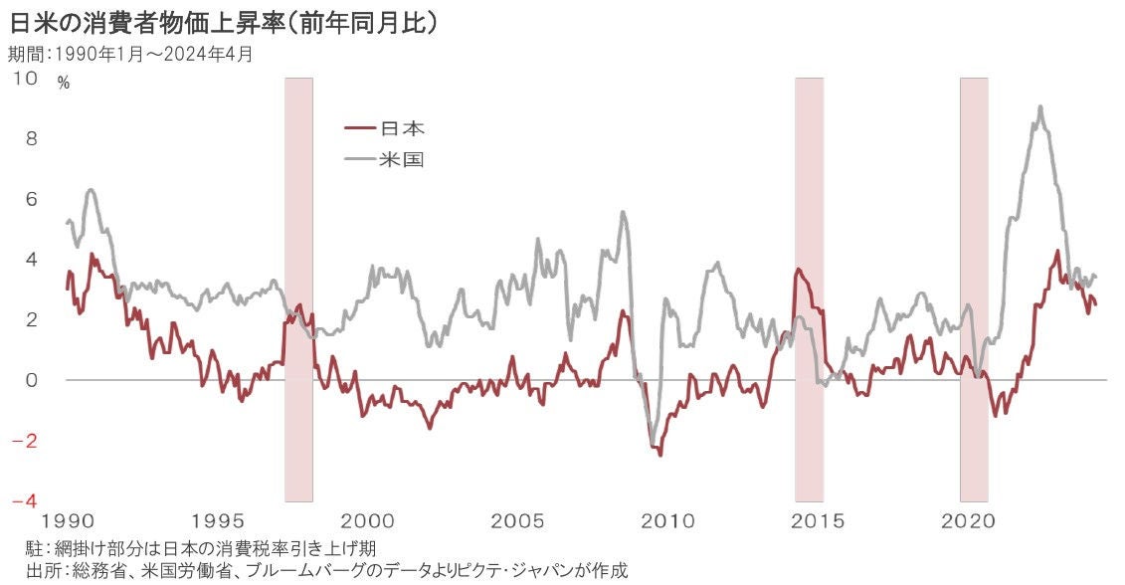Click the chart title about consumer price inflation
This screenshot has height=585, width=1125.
223,23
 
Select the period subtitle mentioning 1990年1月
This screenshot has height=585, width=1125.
130,54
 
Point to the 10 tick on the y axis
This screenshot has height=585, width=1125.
26,78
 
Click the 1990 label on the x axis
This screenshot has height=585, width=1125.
67,522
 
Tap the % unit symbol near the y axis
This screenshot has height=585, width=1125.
64,84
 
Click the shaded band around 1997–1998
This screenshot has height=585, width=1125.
298,289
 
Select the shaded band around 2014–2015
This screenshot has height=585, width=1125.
809,289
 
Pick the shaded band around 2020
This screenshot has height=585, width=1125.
974,289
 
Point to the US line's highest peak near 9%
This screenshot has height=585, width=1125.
1039,107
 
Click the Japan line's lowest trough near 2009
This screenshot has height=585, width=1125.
660,455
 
